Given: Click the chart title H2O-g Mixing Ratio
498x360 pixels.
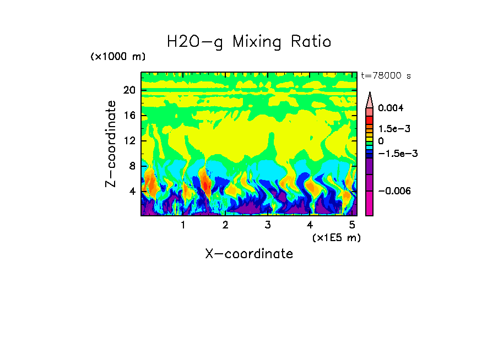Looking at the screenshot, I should (249, 42).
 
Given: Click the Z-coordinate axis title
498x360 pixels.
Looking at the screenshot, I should (111, 143).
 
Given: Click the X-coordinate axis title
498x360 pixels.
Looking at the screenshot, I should (249, 254).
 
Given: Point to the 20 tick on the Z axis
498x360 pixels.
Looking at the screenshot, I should (129, 90).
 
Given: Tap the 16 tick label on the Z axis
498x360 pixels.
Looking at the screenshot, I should (129, 116).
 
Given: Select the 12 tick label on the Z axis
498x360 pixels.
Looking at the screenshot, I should (129, 141).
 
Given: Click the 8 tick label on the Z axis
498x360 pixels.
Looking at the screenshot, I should (132, 166).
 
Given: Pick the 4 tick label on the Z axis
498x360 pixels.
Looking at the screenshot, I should (132, 192).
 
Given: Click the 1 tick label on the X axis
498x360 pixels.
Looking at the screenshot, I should (183, 225).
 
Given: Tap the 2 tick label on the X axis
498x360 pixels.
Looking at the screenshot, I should (225, 225).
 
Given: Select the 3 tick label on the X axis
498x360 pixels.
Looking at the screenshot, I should (267, 225).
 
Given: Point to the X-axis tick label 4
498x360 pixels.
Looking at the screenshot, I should (310, 225).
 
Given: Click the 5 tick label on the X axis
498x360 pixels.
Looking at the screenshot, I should (352, 225).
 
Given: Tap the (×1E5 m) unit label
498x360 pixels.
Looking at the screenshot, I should (336, 237).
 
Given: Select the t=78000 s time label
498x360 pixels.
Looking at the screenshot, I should (386, 75).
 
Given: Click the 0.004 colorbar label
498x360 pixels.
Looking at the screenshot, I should (391, 108).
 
